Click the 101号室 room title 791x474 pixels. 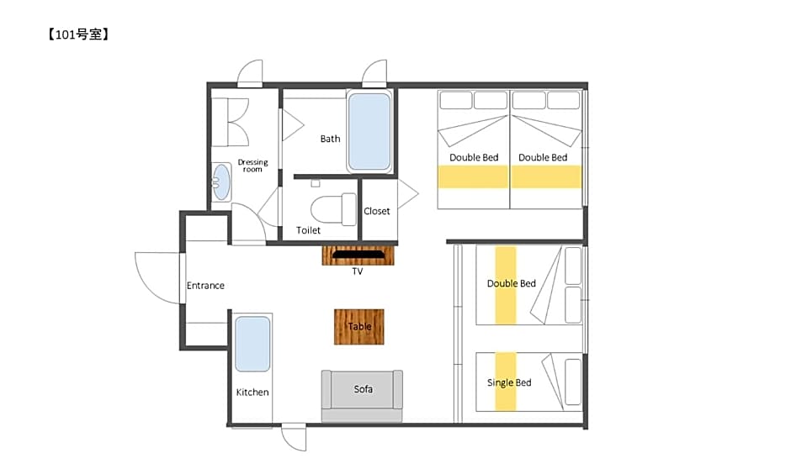tap(78, 34)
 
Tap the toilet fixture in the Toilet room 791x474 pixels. tap(333, 208)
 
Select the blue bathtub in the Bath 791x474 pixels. tap(369, 131)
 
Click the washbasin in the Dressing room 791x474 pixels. tap(221, 182)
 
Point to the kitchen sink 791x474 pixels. tap(252, 344)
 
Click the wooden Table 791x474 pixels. tap(359, 327)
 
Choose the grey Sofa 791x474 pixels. tap(362, 395)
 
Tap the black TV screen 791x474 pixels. tap(358, 255)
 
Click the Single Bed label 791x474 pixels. tap(509, 382)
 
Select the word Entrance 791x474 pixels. tap(205, 286)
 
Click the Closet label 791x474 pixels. tap(377, 211)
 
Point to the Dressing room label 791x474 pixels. tap(252, 166)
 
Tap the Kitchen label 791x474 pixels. tap(252, 392)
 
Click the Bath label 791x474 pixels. tap(331, 139)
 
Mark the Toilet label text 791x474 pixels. tap(308, 230)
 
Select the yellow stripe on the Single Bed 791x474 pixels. tap(506, 382)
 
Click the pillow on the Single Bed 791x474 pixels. tap(573, 382)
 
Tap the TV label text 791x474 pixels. tap(358, 271)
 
